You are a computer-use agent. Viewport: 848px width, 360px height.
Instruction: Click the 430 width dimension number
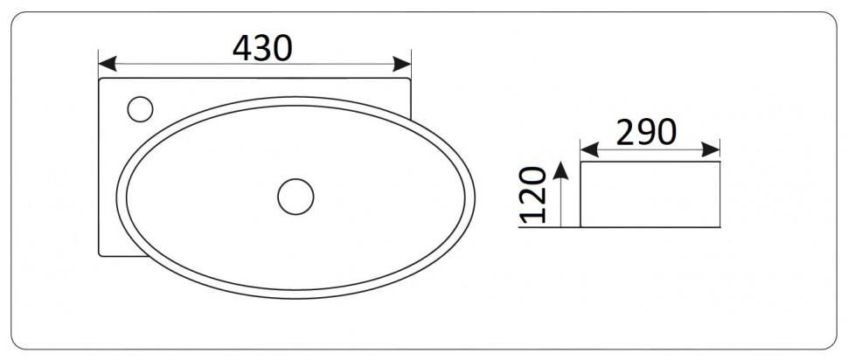pos(261,48)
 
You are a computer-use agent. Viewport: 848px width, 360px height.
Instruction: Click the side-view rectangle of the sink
pos(650,194)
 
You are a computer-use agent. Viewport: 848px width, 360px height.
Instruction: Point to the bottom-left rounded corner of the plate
pos(101,253)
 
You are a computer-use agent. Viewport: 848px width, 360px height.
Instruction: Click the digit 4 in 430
pos(242,48)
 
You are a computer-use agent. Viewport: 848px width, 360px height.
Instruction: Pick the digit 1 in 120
pos(535,214)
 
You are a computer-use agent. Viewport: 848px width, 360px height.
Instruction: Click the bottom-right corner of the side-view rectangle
pos(719,227)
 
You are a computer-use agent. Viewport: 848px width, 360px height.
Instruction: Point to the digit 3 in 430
pos(261,48)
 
